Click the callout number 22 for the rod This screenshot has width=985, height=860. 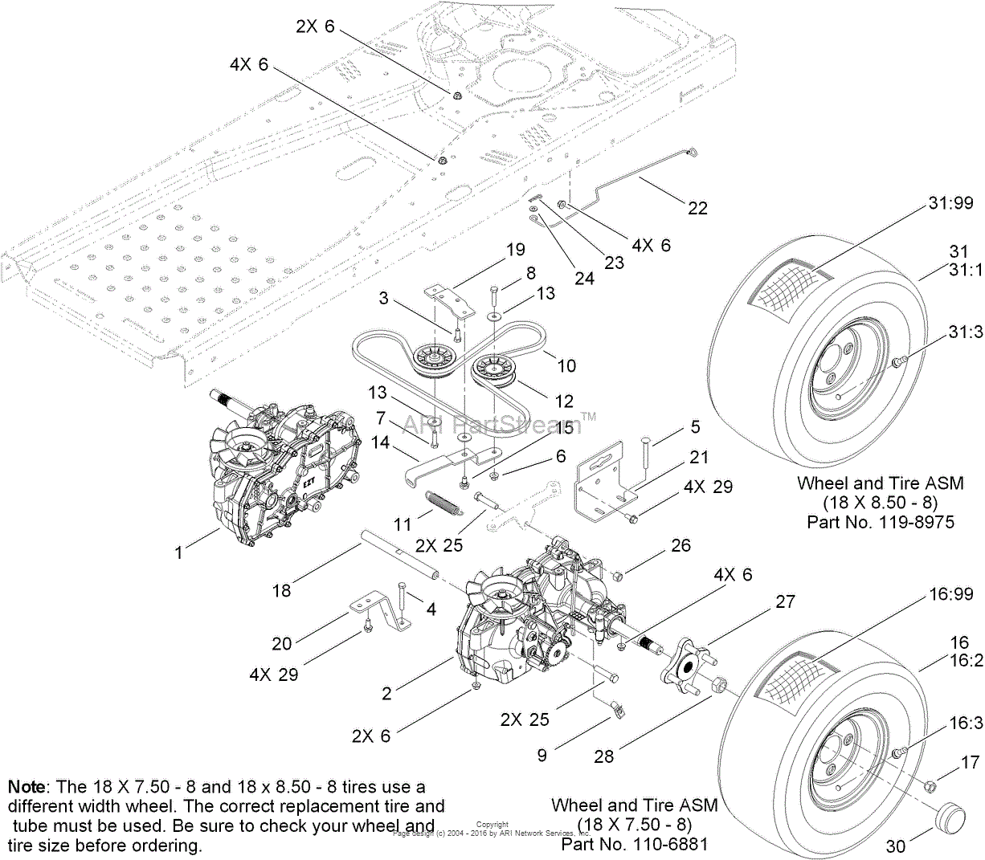click(x=697, y=208)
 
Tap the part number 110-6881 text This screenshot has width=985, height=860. click(x=635, y=844)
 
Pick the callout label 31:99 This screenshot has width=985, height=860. click(x=950, y=203)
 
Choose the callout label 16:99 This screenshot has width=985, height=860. click(x=951, y=593)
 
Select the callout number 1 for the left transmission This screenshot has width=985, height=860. click(x=179, y=552)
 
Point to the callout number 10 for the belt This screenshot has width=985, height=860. click(x=566, y=366)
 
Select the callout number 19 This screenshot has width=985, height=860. click(x=515, y=250)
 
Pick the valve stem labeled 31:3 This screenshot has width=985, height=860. click(x=897, y=364)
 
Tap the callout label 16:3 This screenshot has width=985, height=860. click(x=966, y=723)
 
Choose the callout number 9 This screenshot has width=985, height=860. click(x=542, y=755)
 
